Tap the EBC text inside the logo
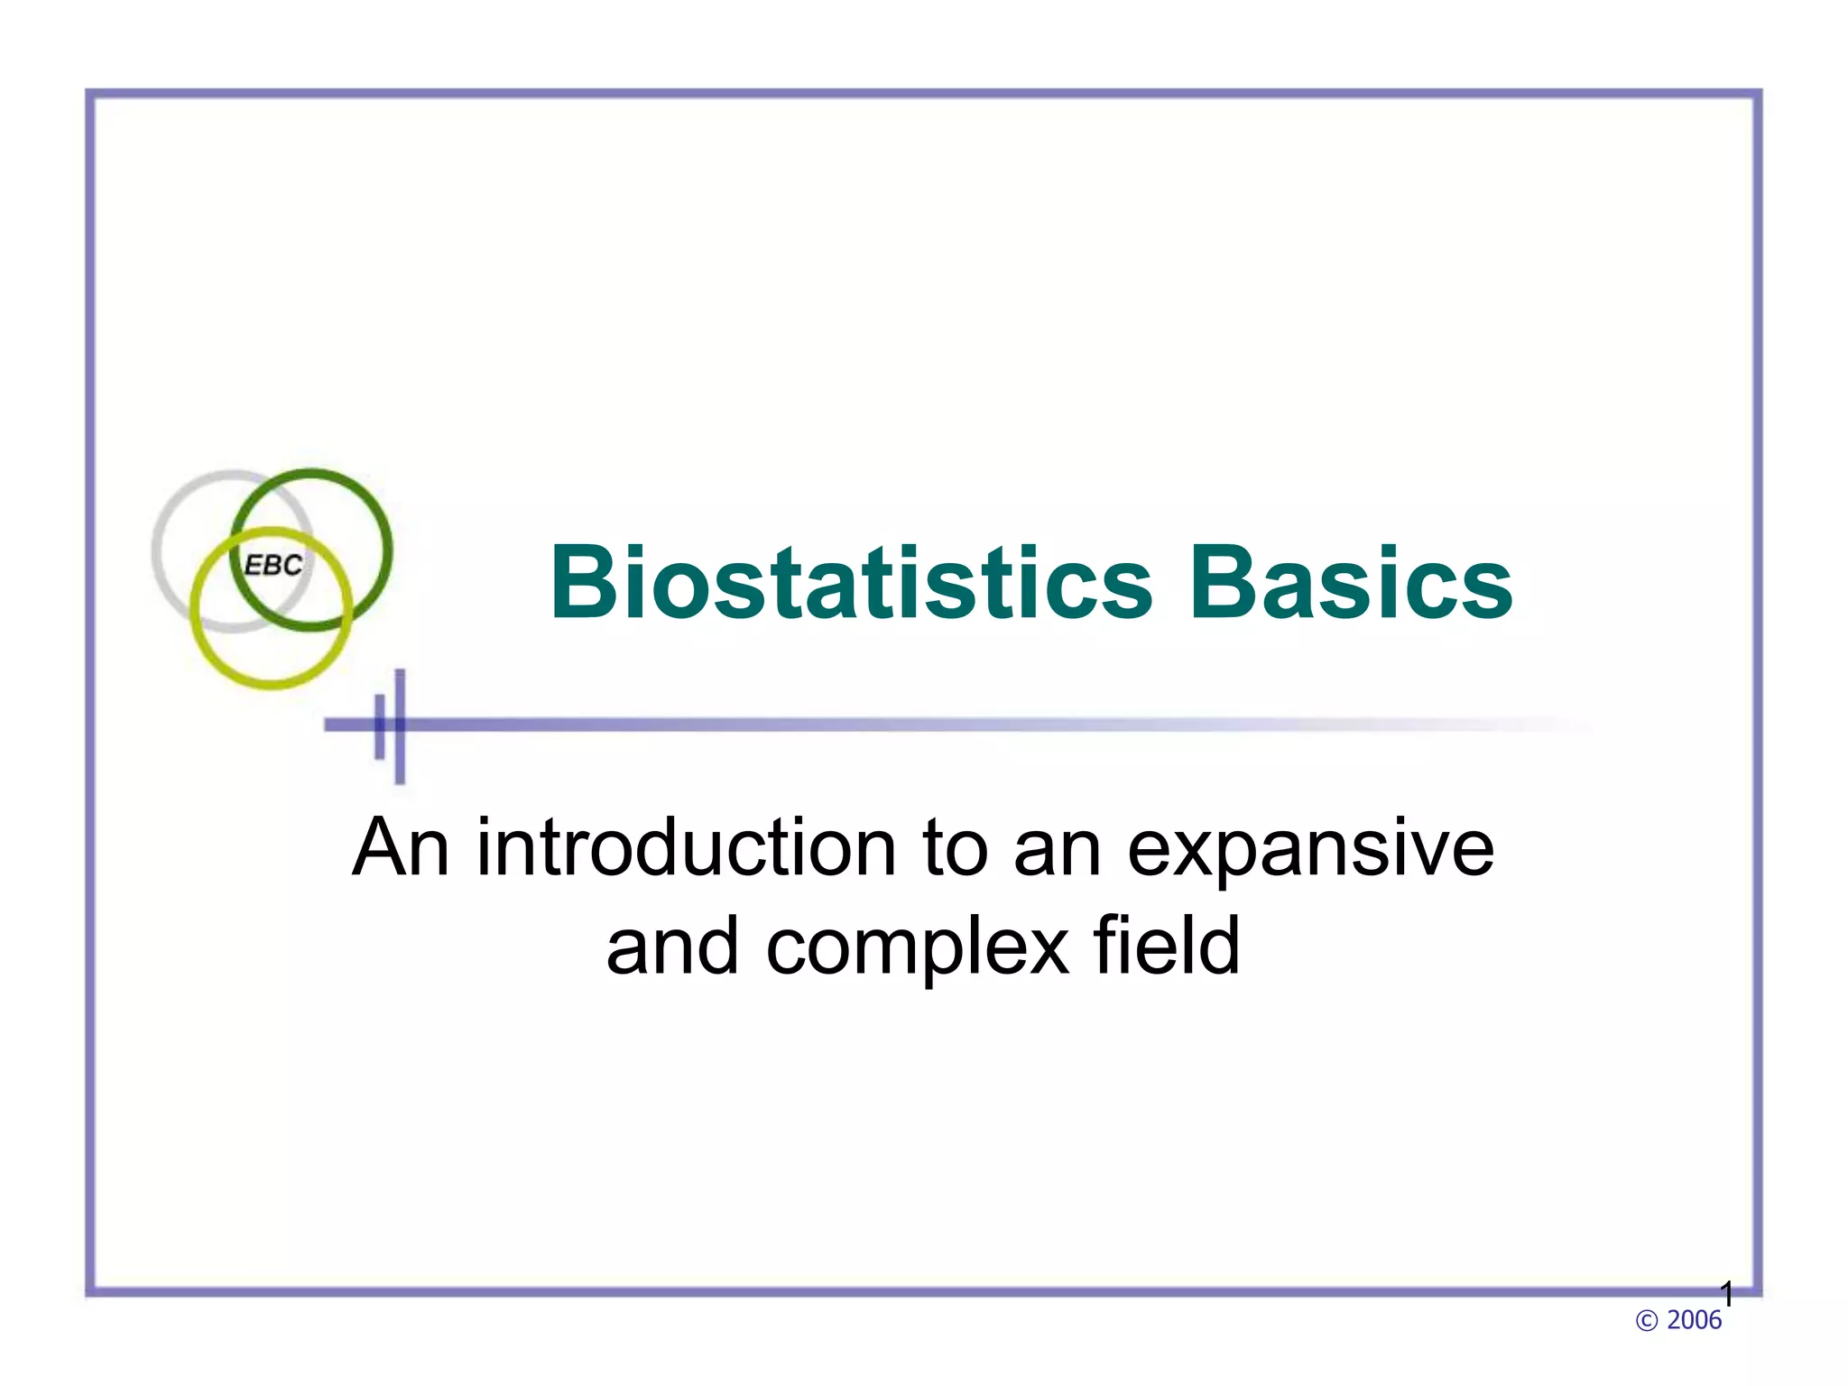(x=273, y=566)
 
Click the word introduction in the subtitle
(x=686, y=847)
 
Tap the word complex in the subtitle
(x=917, y=947)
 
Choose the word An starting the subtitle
(x=401, y=847)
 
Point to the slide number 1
(x=1727, y=1295)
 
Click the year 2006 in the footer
(x=1694, y=1320)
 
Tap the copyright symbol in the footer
(x=1646, y=1321)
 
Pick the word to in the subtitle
(x=955, y=847)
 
